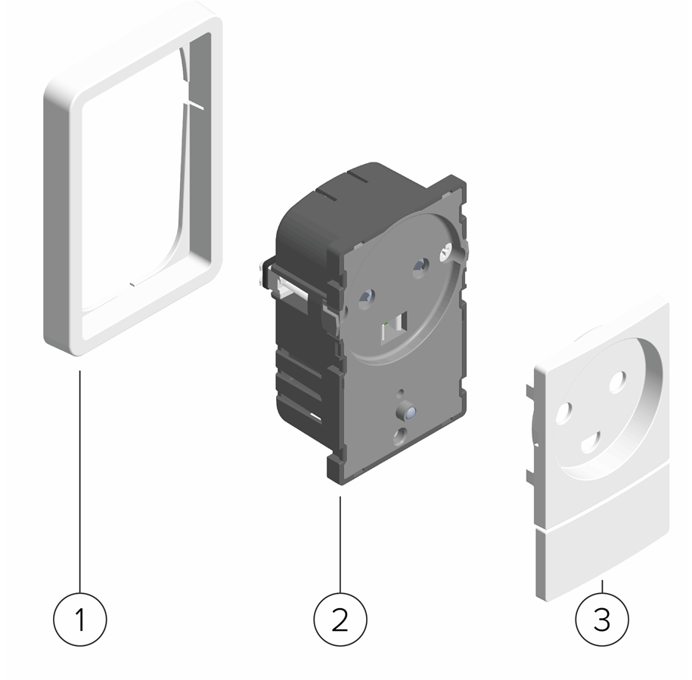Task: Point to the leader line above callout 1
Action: (80, 481)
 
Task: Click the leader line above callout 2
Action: (340, 544)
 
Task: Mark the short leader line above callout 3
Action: (603, 586)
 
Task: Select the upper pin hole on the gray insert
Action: (420, 267)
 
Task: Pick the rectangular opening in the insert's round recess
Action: (394, 326)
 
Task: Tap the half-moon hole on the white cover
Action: (591, 442)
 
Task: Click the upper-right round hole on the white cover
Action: (617, 382)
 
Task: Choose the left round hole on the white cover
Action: (563, 413)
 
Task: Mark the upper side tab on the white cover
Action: (530, 391)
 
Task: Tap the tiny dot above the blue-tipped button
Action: (401, 391)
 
